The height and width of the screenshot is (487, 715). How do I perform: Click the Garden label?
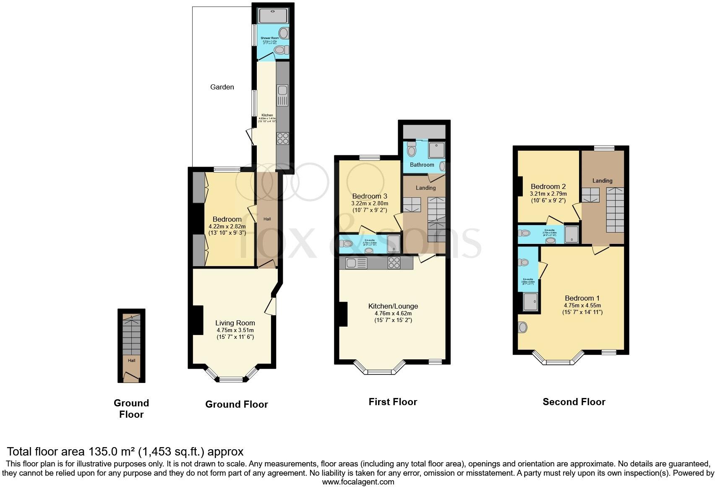(222, 87)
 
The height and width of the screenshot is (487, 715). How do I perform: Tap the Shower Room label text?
(270, 38)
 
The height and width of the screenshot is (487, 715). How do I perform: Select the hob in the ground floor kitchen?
(282, 138)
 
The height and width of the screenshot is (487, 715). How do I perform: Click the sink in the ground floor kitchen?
(282, 90)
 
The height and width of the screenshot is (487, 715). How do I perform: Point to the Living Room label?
(235, 323)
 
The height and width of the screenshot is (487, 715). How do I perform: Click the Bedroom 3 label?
(369, 196)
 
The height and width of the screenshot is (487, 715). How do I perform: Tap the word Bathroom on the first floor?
(422, 165)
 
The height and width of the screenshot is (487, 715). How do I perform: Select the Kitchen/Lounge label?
(393, 306)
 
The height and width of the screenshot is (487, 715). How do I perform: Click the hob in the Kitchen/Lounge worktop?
(394, 263)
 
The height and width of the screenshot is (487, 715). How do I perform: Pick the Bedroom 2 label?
(548, 186)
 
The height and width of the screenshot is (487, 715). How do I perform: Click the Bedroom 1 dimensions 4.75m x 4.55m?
(582, 305)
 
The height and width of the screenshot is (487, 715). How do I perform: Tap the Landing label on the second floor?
(602, 181)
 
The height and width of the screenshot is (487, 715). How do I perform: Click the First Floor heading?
(393, 402)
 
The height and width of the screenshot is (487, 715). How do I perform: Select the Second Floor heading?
(574, 402)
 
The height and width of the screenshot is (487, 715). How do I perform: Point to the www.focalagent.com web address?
(358, 482)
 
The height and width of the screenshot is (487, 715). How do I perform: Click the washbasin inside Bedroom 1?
(522, 327)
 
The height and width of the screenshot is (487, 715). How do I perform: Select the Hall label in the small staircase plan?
(132, 360)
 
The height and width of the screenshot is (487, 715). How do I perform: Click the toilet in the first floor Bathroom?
(412, 150)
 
